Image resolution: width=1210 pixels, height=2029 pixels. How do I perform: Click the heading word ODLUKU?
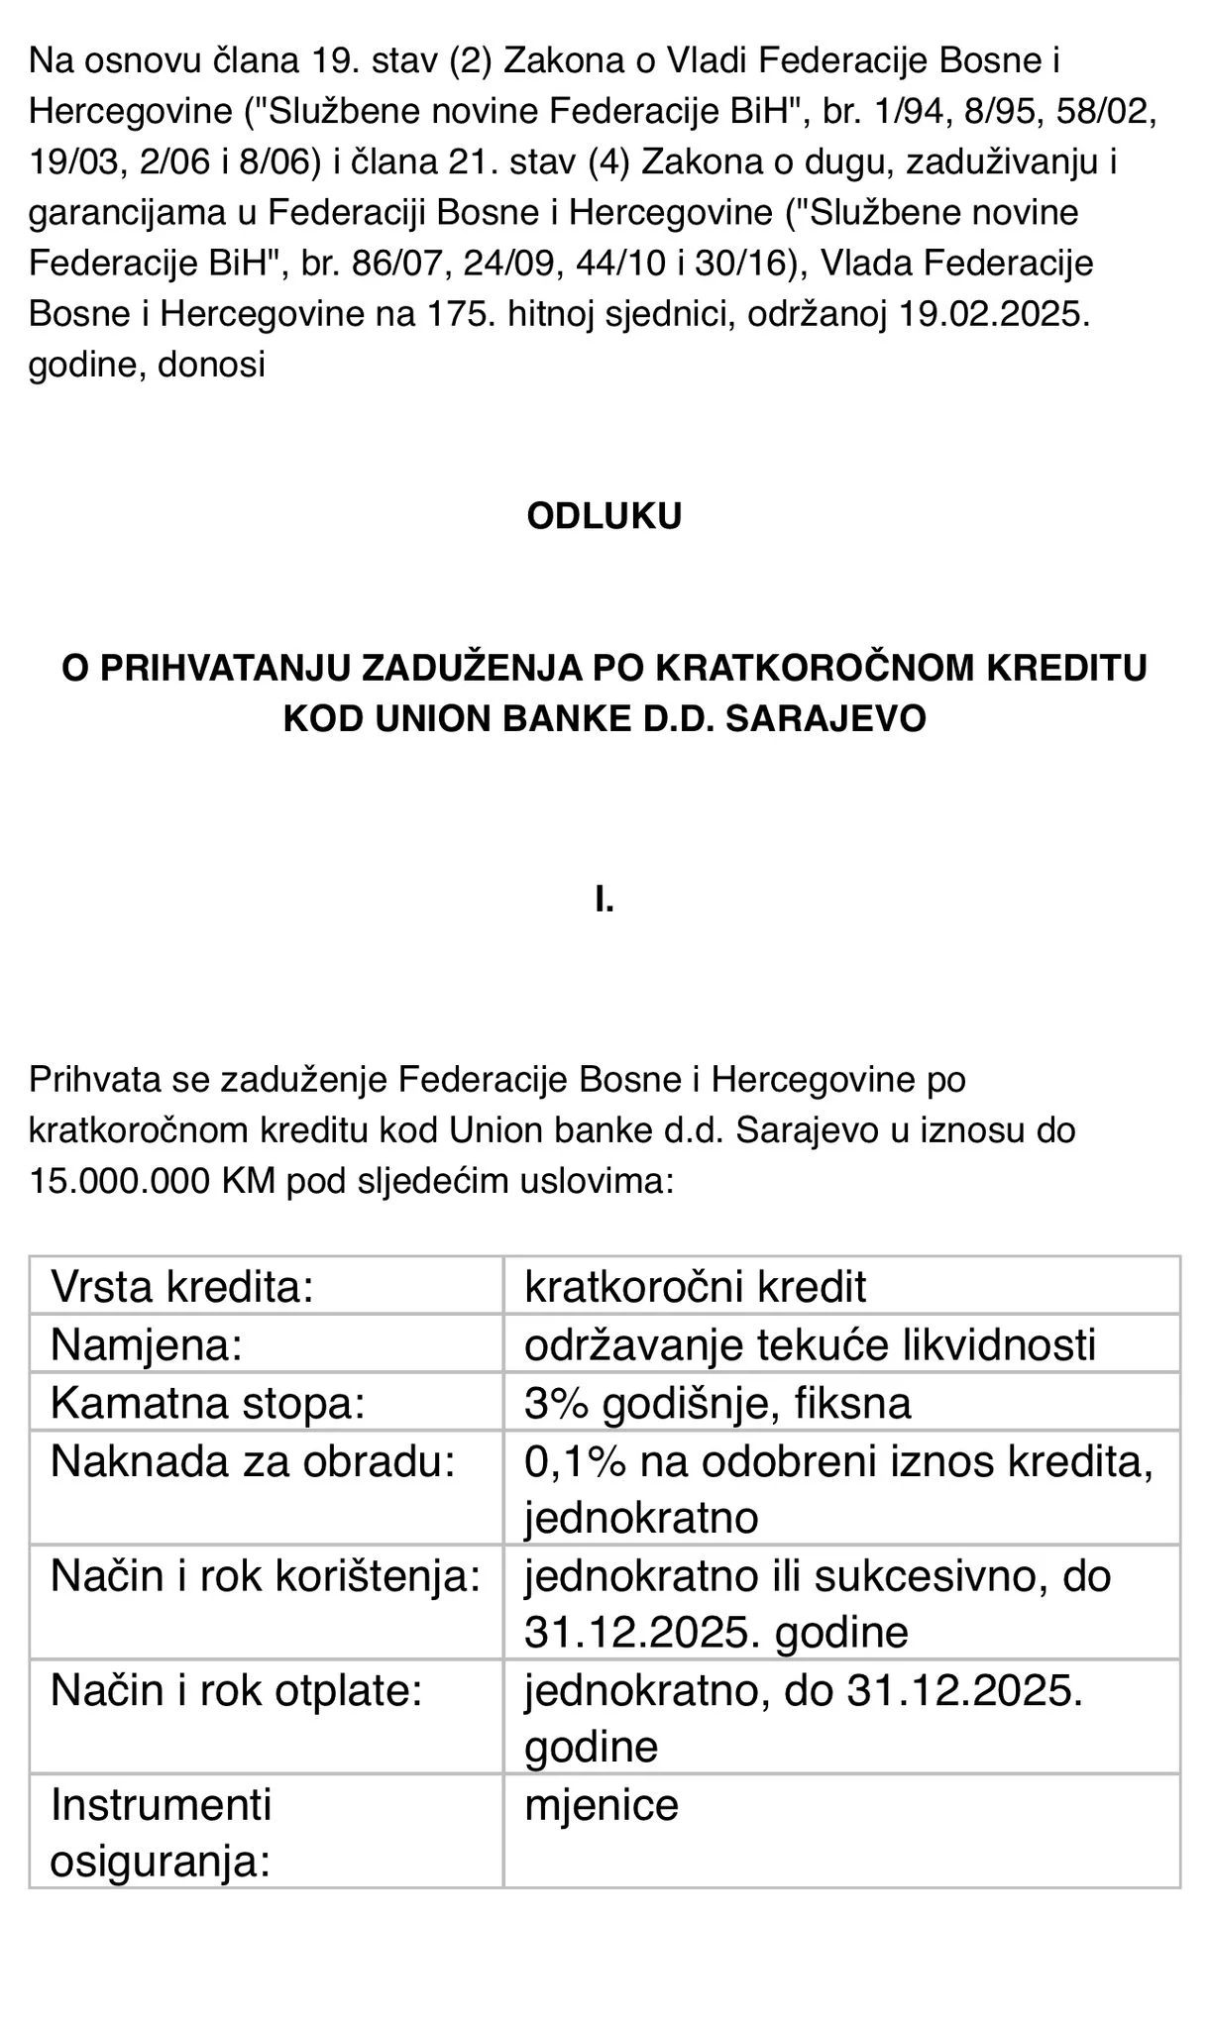[604, 516]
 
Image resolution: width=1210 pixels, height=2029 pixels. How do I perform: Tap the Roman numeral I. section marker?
[604, 901]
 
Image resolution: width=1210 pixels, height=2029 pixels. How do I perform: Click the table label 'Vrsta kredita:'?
[182, 1287]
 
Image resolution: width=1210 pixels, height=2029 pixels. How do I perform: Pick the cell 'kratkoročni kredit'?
[695, 1287]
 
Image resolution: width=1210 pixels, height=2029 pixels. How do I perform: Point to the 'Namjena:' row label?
[147, 1344]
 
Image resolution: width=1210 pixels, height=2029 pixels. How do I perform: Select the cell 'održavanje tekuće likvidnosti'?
[810, 1344]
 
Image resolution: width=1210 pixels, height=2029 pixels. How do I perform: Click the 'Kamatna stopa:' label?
[208, 1403]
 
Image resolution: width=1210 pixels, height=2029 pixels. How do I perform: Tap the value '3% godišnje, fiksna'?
[717, 1403]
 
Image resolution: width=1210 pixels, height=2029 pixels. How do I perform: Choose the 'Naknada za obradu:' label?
[253, 1460]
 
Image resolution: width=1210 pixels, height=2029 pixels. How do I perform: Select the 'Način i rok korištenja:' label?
[266, 1575]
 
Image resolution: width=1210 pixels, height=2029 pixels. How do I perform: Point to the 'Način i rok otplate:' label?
[237, 1689]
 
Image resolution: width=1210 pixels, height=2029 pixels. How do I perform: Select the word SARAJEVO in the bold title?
[825, 718]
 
